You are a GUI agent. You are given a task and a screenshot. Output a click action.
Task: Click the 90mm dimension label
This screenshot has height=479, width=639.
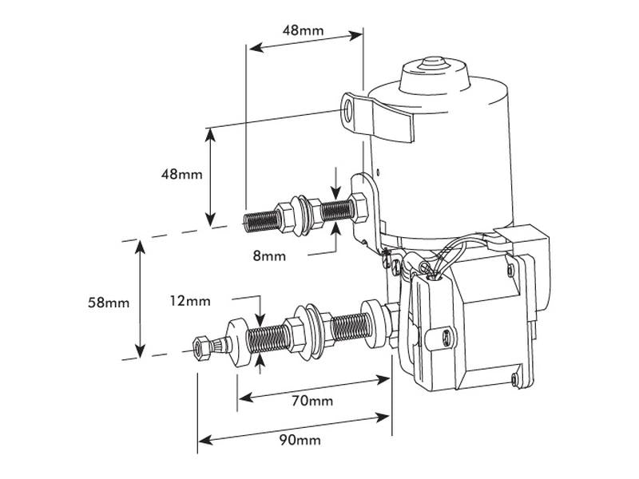coord(299,441)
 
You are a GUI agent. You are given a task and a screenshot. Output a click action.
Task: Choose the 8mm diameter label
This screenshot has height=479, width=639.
coord(268,256)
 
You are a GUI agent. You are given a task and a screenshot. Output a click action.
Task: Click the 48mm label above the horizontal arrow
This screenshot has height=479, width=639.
coord(304,30)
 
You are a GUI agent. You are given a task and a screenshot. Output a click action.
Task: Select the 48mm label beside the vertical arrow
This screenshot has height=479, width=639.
coord(180,174)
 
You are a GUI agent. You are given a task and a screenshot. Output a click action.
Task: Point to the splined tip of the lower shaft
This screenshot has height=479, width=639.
coord(201,346)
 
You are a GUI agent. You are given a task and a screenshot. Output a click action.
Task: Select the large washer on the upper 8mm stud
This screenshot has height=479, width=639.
coord(301,213)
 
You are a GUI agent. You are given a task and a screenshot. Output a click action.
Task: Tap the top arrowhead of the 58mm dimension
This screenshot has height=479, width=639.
coord(141,246)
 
